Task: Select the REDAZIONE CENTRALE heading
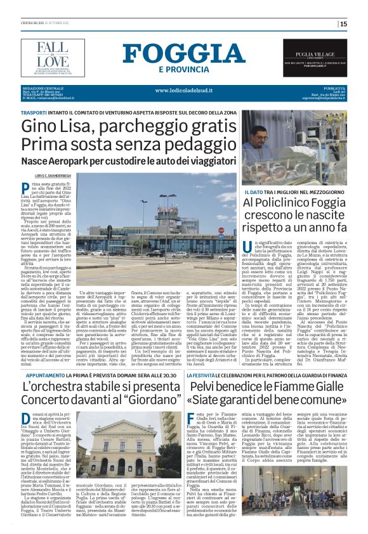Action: click(x=40, y=88)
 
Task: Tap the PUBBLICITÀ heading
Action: click(x=334, y=88)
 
